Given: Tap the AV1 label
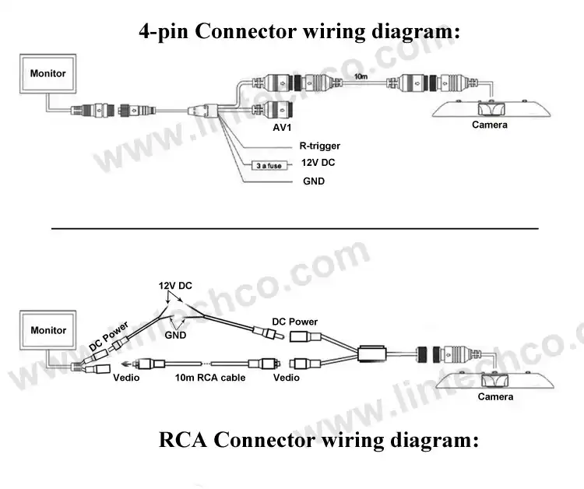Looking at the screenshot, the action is [x=282, y=128].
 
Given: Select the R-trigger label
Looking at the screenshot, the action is [x=319, y=146].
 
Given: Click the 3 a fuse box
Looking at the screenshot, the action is [x=269, y=165].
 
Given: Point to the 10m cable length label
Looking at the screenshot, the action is [x=361, y=77].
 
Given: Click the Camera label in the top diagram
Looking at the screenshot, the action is [x=490, y=125].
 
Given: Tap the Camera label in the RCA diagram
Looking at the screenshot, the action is [x=495, y=396].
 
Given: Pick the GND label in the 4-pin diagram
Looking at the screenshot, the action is [x=314, y=181].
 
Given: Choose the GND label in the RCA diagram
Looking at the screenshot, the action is [x=175, y=335].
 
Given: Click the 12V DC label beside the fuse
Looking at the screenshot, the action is [x=318, y=163].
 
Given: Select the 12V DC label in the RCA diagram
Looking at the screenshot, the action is [x=175, y=286].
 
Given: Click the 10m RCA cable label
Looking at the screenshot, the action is [x=210, y=378].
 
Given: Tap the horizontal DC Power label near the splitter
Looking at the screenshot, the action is [x=294, y=322].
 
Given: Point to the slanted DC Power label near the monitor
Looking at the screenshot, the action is [x=109, y=336].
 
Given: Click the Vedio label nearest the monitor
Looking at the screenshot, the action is [x=126, y=378].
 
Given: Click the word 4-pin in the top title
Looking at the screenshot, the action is [x=164, y=31].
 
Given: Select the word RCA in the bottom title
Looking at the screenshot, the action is [x=182, y=439].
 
